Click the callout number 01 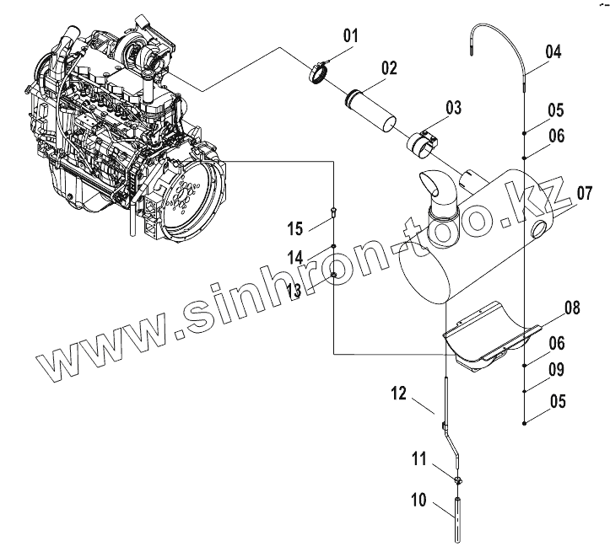(x=350, y=35)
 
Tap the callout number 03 (x=453, y=108)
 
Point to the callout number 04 (x=553, y=51)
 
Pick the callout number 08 (x=572, y=308)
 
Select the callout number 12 (x=399, y=392)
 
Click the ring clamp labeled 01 (x=317, y=74)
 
